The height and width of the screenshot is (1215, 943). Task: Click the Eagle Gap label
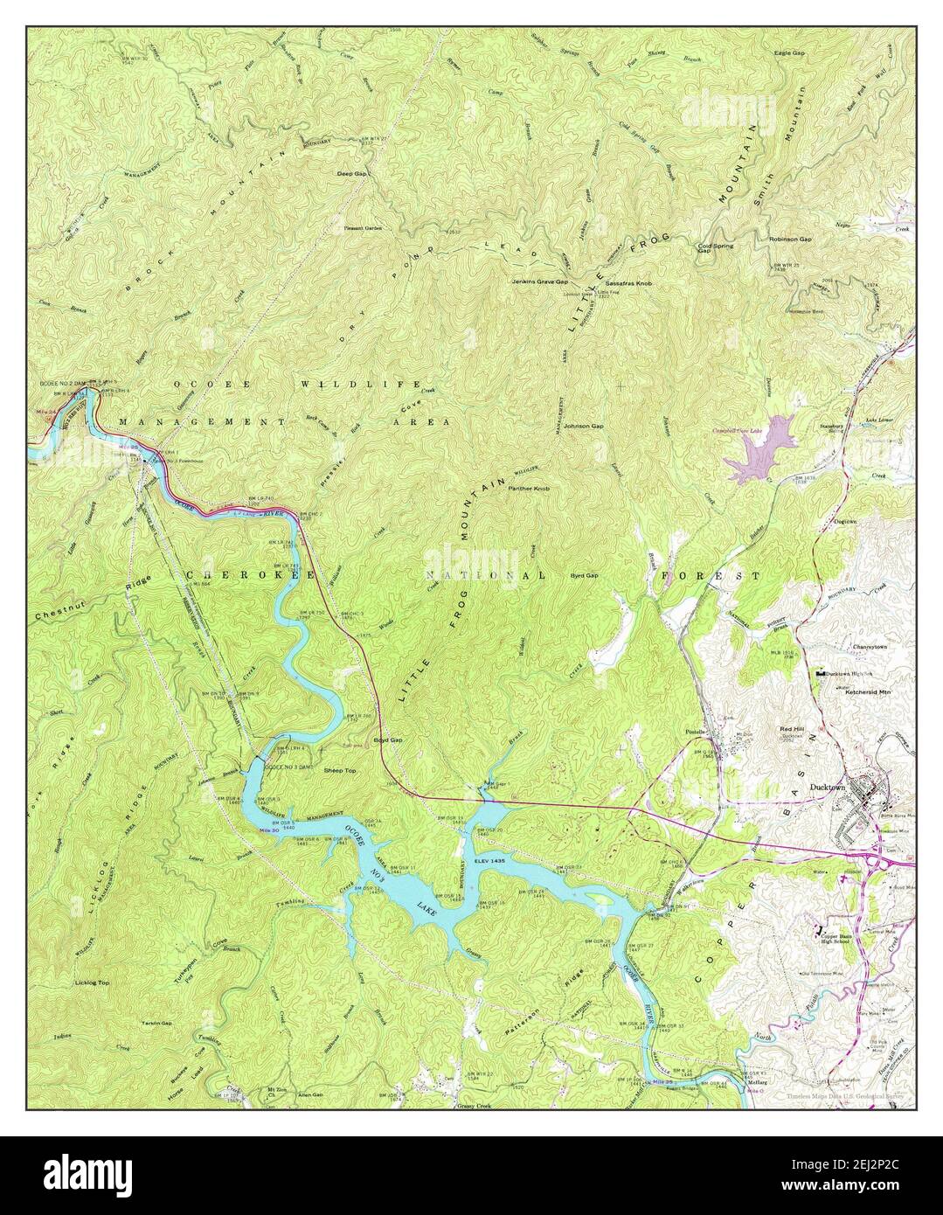pyautogui.click(x=789, y=53)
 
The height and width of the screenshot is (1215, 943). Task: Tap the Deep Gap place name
pyautogui.click(x=352, y=174)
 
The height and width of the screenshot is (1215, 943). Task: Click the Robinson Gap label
pyautogui.click(x=790, y=239)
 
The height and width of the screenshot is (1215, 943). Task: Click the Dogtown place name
pyautogui.click(x=844, y=521)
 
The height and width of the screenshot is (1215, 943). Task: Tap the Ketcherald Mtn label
pyautogui.click(x=865, y=692)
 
